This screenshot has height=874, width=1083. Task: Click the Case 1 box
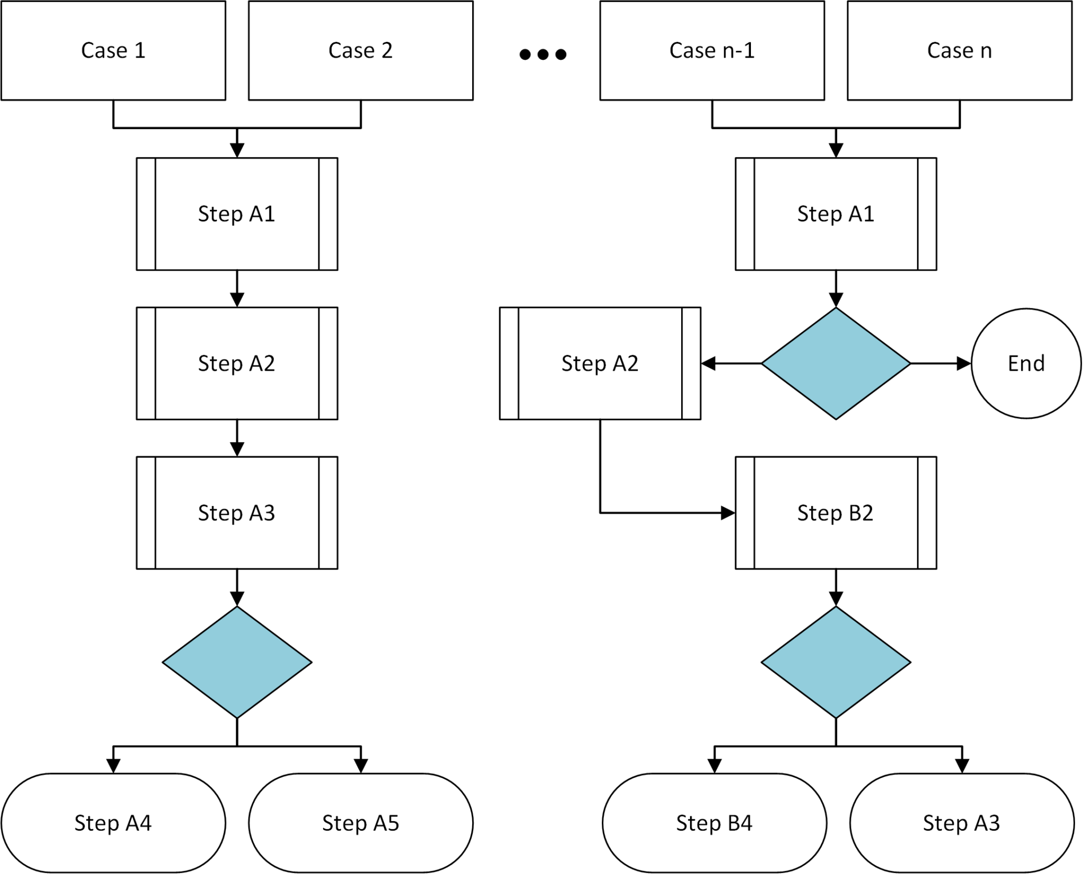click(x=113, y=50)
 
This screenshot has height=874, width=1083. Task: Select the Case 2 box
click(x=361, y=50)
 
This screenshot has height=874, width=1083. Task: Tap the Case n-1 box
click(x=712, y=50)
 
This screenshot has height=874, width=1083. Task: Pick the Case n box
click(x=959, y=50)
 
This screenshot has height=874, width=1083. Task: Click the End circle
click(x=1026, y=364)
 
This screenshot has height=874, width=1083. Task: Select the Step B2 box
click(x=836, y=513)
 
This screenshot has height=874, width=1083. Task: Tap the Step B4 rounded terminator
click(x=714, y=823)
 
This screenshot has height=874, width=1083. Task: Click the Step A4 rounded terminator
click(x=113, y=823)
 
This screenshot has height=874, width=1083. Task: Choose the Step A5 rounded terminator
click(x=361, y=823)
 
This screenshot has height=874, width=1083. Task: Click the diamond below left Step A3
click(x=237, y=662)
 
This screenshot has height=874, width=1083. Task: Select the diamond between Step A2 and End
click(x=836, y=364)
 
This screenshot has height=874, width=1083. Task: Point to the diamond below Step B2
click(x=836, y=662)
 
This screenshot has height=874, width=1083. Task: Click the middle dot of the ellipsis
click(x=543, y=54)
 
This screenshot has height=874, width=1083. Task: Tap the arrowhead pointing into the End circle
click(x=964, y=364)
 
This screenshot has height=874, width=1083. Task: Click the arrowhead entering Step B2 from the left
click(x=728, y=513)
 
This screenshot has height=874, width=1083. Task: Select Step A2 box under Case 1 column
click(x=237, y=364)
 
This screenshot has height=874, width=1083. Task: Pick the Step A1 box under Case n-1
click(x=836, y=214)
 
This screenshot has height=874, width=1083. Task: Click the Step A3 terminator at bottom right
click(x=961, y=823)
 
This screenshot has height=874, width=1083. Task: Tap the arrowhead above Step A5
click(x=361, y=766)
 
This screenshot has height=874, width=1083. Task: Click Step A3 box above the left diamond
click(x=237, y=513)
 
